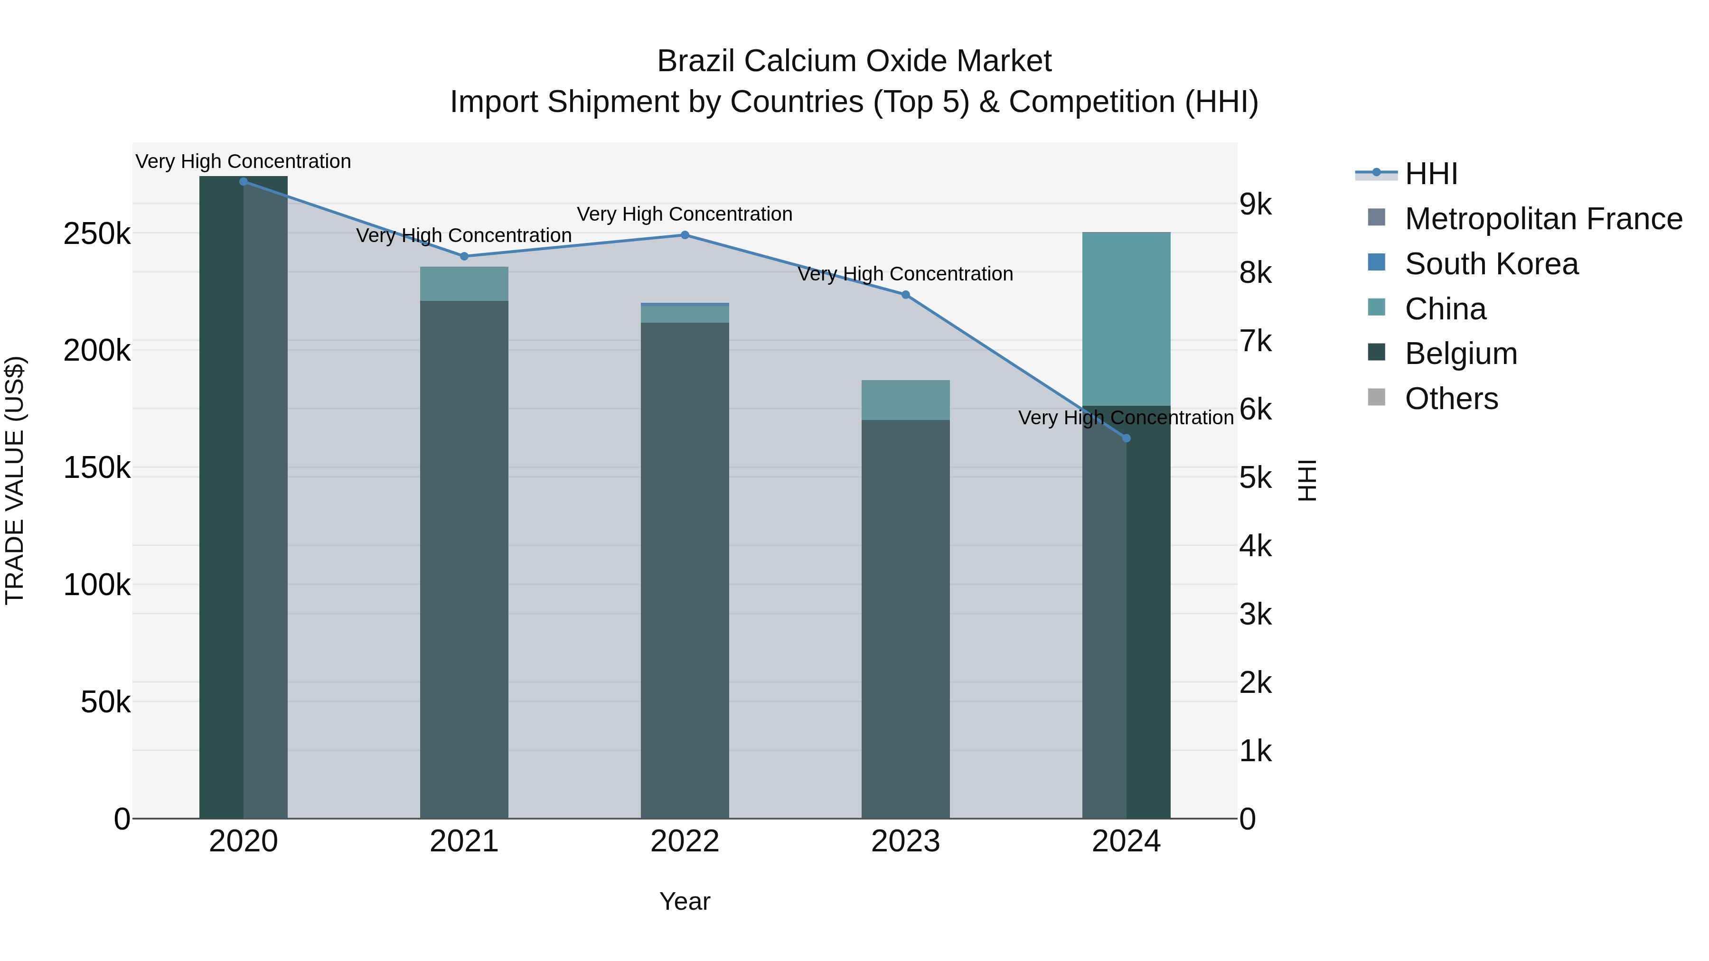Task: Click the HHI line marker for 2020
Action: (244, 181)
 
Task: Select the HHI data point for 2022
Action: (685, 235)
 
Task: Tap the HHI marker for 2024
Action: (1126, 439)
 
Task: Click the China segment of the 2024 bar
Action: (1126, 318)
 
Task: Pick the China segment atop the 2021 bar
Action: (464, 284)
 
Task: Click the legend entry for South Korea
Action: (1492, 264)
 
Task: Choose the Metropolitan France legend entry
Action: (1543, 219)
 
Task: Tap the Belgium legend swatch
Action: (1377, 353)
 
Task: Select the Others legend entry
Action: (1451, 399)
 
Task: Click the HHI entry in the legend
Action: (1431, 174)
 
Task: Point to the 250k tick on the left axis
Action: (97, 234)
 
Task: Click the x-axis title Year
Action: (685, 901)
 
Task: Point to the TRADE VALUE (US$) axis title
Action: (15, 480)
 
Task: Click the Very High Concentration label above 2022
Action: (685, 214)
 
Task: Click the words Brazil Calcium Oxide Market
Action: (854, 61)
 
